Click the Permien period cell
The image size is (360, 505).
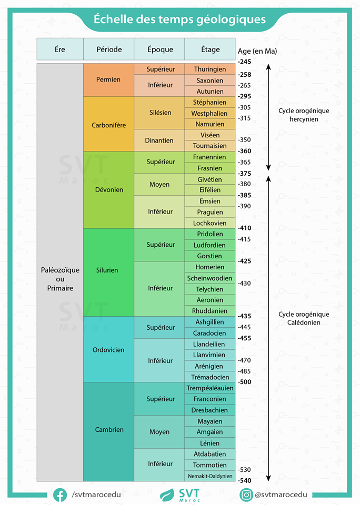[x=108, y=80]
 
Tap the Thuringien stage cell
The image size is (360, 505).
[x=210, y=69]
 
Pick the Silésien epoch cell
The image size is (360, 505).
[x=159, y=113]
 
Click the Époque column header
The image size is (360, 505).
[x=159, y=49]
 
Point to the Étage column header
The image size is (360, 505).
[x=210, y=49]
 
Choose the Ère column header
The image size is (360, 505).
[x=60, y=49]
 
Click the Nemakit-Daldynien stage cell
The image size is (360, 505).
[x=210, y=476]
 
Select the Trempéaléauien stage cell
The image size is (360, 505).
[x=210, y=388]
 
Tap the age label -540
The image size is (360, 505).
[x=244, y=480]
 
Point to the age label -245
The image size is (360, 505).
[x=244, y=62]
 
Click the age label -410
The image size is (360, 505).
[x=244, y=228]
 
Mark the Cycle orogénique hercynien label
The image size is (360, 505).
[x=304, y=115]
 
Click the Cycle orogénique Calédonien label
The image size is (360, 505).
[x=304, y=318]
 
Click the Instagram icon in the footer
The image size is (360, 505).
[x=246, y=495]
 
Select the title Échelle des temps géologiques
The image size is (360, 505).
[x=179, y=19]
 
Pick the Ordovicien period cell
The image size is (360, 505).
[x=108, y=350]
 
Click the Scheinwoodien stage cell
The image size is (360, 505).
[x=210, y=278]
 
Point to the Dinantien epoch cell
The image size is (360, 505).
[x=159, y=140]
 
